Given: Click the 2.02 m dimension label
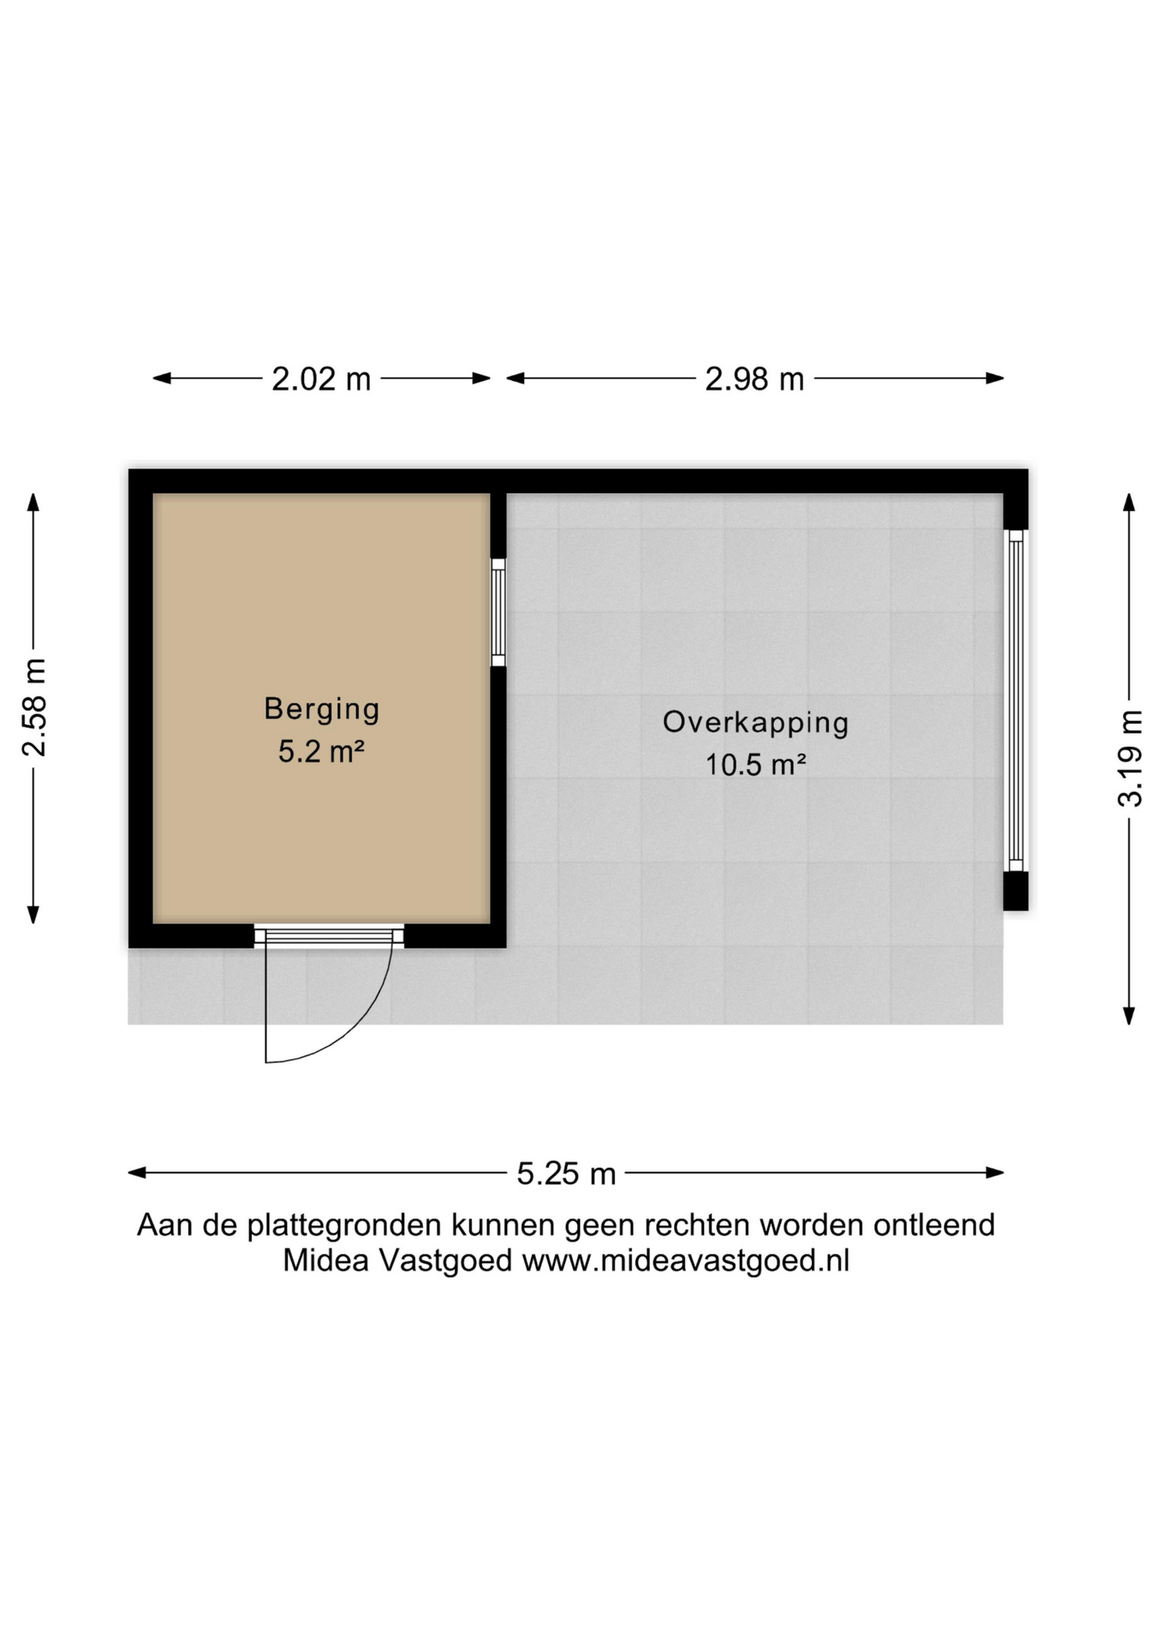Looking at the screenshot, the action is (x=321, y=378).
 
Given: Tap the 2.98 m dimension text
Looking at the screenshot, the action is (x=754, y=378).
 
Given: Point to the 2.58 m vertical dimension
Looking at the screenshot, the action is (x=33, y=707).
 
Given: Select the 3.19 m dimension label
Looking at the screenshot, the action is (x=1130, y=759).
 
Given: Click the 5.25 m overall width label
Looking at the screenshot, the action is (x=566, y=1173).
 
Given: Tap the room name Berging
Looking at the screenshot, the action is (x=322, y=709).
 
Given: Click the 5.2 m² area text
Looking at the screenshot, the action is (x=322, y=752).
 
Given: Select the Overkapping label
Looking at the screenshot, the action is (x=755, y=723).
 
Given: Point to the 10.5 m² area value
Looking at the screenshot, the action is (x=755, y=765).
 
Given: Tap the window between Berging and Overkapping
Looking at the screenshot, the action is (x=498, y=612).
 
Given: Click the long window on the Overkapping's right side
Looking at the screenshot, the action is (x=1016, y=700).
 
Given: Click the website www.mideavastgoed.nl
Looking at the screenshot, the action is (x=685, y=1261).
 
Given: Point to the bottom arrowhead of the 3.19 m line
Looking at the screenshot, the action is (x=1130, y=1016).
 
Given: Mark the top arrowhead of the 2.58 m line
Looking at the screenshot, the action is (x=33, y=503).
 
